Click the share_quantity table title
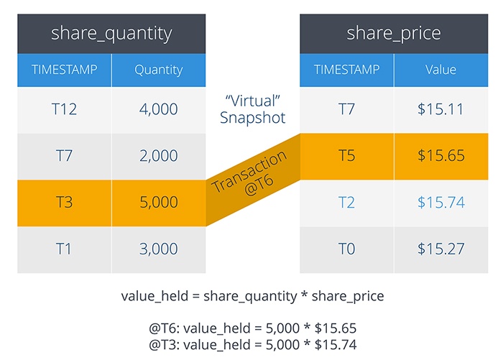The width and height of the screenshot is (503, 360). coord(111,34)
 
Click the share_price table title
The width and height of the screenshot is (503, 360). coord(394,34)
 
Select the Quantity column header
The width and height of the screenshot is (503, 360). coord(159,70)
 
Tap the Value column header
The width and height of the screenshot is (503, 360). coord(440,70)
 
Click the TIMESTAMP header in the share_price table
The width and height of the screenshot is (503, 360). coord(347,70)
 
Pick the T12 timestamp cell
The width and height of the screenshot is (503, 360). coord(64,109)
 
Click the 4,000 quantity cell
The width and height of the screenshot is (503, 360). coord(159,109)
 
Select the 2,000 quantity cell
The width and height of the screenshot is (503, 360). coord(159,156)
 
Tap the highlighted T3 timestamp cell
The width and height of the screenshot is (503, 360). coord(64,203)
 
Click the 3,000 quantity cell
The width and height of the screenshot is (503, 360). coord(159,249)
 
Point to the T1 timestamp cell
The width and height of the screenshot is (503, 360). coord(64,249)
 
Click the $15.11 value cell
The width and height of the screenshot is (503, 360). coord(440,109)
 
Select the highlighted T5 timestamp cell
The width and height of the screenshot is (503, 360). coord(347,156)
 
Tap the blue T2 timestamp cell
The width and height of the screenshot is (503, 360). coord(347,203)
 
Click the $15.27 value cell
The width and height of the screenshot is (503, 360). coord(440,249)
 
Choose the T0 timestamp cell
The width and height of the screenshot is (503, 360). coord(347,249)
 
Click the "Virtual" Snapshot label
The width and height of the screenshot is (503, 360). coord(253,109)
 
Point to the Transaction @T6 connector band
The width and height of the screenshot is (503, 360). coord(253,180)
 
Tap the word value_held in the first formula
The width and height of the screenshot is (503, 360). coord(154,296)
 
